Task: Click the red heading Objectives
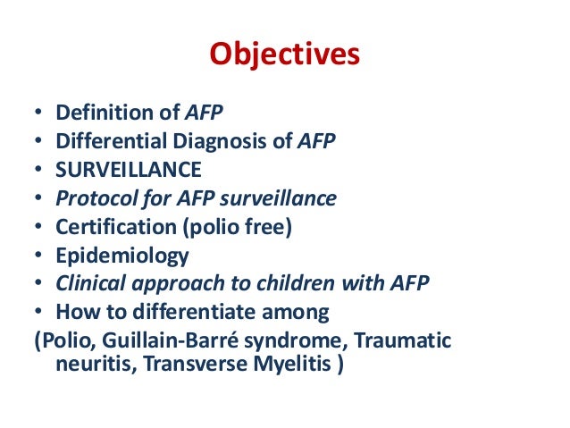[x=284, y=55]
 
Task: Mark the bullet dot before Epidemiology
[x=38, y=256]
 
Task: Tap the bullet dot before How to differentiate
[x=38, y=314]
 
